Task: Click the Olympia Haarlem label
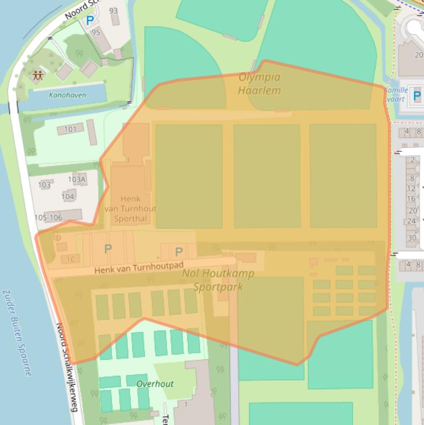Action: pos(259,84)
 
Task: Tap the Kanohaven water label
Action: pos(67,95)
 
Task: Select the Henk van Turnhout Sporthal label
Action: pos(130,209)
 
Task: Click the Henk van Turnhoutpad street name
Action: pos(138,267)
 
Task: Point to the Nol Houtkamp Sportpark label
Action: pos(218,280)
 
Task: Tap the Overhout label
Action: pos(155,384)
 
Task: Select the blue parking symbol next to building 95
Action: pos(90,20)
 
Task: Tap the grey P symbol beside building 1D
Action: pos(108,249)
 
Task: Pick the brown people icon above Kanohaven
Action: pos(37,75)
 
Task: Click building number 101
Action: pos(70,130)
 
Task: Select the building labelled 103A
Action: pos(77,179)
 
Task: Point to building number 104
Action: pos(68,196)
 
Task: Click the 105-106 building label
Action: pos(49,217)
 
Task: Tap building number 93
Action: pos(114,11)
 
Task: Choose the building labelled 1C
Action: pos(71,259)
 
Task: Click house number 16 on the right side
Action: pos(411,199)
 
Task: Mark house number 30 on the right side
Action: pos(412,238)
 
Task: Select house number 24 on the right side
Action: pos(411,221)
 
